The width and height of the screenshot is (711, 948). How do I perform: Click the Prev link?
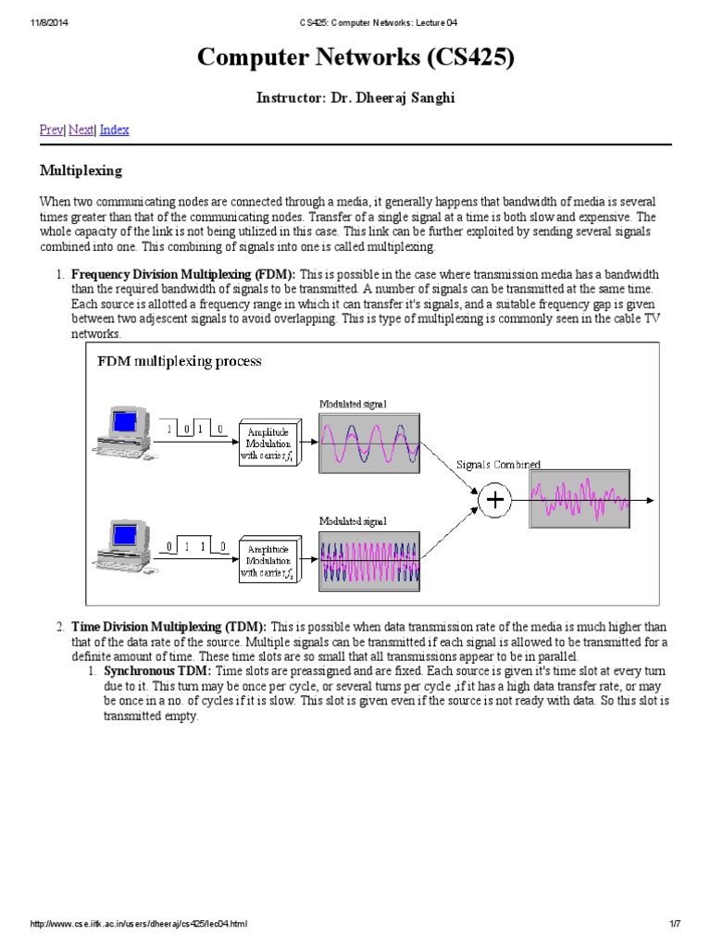[50, 130]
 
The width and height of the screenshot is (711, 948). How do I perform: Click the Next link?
[81, 130]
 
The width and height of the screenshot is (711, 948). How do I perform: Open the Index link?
[114, 130]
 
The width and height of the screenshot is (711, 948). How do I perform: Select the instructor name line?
[355, 97]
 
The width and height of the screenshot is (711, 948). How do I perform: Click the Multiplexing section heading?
[80, 171]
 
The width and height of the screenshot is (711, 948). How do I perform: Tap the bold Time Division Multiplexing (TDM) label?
[168, 628]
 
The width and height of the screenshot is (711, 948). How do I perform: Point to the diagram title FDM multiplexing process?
[180, 361]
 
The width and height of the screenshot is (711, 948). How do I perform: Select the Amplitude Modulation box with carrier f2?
[268, 559]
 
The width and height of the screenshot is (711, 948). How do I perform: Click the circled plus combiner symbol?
[496, 500]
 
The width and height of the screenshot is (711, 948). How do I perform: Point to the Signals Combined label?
[499, 464]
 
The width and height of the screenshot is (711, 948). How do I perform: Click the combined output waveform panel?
[578, 500]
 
